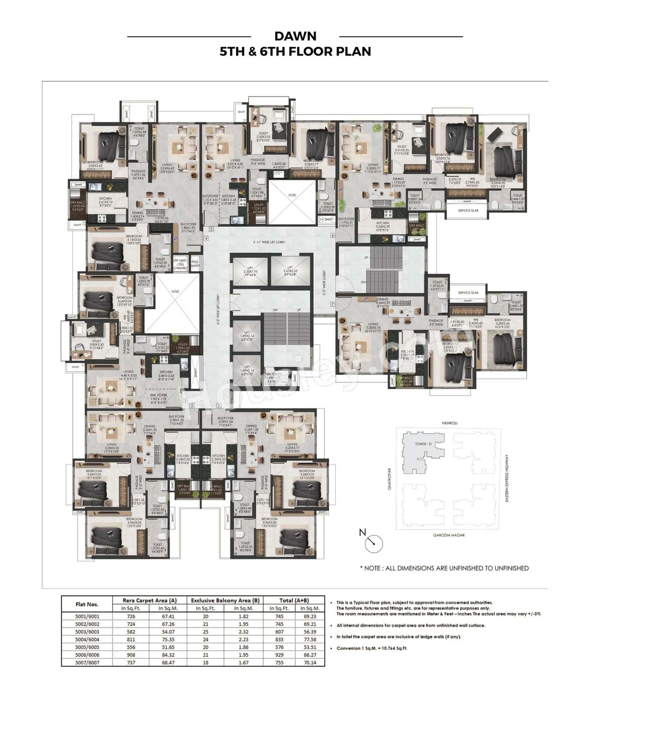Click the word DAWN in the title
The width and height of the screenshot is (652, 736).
[x=295, y=36]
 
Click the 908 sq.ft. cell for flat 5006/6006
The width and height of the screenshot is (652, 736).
[x=131, y=655]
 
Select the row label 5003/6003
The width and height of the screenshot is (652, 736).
[x=87, y=632]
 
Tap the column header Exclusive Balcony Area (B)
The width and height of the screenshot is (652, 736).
[x=225, y=600]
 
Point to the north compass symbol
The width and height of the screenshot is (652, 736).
[x=373, y=543]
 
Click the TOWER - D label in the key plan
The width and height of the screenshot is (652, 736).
[x=423, y=444]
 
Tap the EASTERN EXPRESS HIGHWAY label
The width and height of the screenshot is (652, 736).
[x=507, y=478]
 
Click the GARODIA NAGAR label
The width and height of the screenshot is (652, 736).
[x=449, y=535]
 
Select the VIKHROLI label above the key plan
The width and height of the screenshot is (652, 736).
[x=449, y=423]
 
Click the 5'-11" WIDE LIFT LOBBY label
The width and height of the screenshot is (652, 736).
[x=269, y=242]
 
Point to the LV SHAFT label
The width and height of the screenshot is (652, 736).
[x=326, y=219]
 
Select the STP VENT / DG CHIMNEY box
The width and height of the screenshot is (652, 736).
[x=180, y=264]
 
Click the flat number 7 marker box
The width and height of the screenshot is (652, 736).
[x=333, y=304]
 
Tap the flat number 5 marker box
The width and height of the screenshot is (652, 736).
[x=211, y=229]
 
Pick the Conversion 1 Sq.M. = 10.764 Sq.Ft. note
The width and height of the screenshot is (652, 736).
[x=372, y=648]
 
